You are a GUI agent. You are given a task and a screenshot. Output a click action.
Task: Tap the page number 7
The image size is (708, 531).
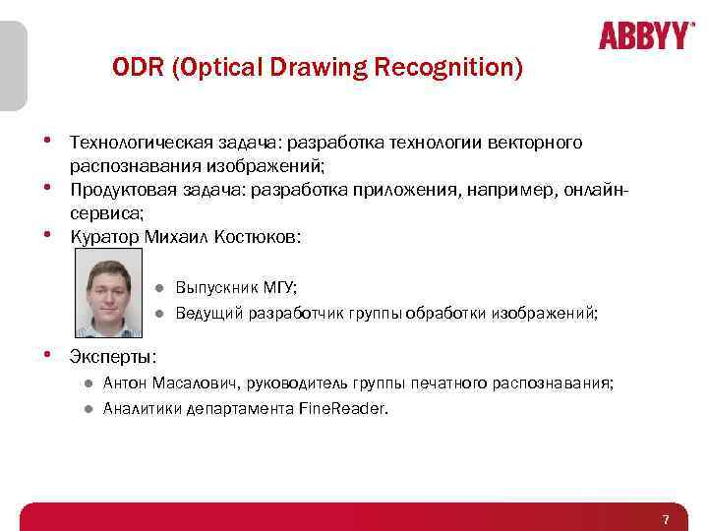coord(666,519)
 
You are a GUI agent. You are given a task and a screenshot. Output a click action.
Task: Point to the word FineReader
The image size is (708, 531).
coord(342,409)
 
